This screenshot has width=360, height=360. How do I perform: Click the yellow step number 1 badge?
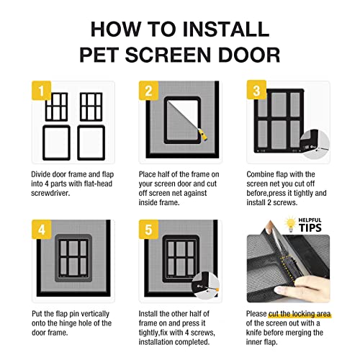41,91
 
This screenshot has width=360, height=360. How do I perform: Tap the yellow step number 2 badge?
148,91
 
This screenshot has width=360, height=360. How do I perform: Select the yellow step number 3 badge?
256,90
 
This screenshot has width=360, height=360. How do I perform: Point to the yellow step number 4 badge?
42,229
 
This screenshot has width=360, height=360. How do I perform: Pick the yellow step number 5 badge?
148,229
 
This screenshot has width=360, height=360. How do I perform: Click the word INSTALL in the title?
226,30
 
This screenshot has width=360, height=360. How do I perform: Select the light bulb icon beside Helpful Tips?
290,224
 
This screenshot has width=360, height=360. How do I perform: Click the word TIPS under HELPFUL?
310,228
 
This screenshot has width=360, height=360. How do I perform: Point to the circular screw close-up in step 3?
315,145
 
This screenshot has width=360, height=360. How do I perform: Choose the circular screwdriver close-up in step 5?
205,286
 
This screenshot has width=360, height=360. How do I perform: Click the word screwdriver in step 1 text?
50,193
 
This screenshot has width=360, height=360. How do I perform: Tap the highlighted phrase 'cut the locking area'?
300,314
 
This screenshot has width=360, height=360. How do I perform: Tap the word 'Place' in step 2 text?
148,174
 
